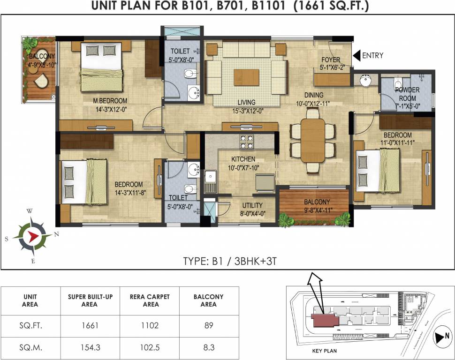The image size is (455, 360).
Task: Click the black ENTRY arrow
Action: [356, 55]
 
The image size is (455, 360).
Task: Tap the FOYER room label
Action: [331, 60]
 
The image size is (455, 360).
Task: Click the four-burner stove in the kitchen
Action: [247, 140]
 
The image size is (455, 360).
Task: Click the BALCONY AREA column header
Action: [208, 300]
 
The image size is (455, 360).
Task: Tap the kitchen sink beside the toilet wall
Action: [210, 181]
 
